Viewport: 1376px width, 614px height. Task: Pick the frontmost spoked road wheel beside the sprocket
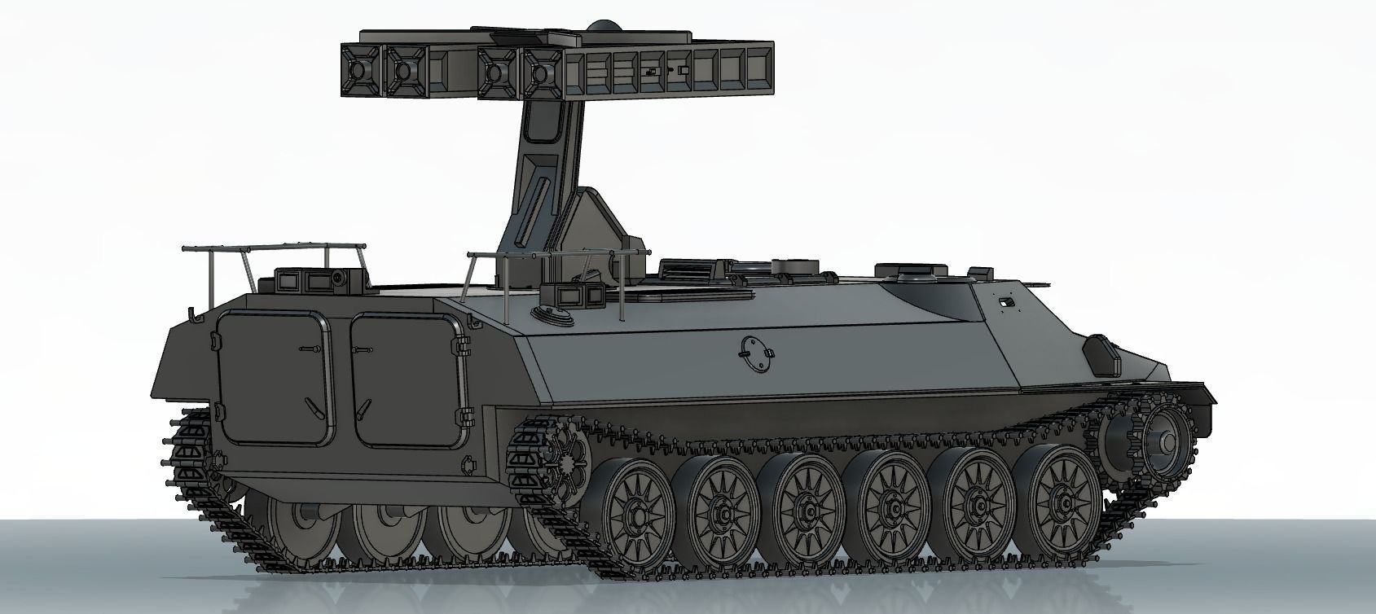pos(1063,505)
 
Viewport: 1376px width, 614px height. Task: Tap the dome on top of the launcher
pos(603,27)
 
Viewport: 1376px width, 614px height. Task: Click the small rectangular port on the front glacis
pos(1007,302)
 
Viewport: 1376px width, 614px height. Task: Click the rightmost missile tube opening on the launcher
pos(538,72)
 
